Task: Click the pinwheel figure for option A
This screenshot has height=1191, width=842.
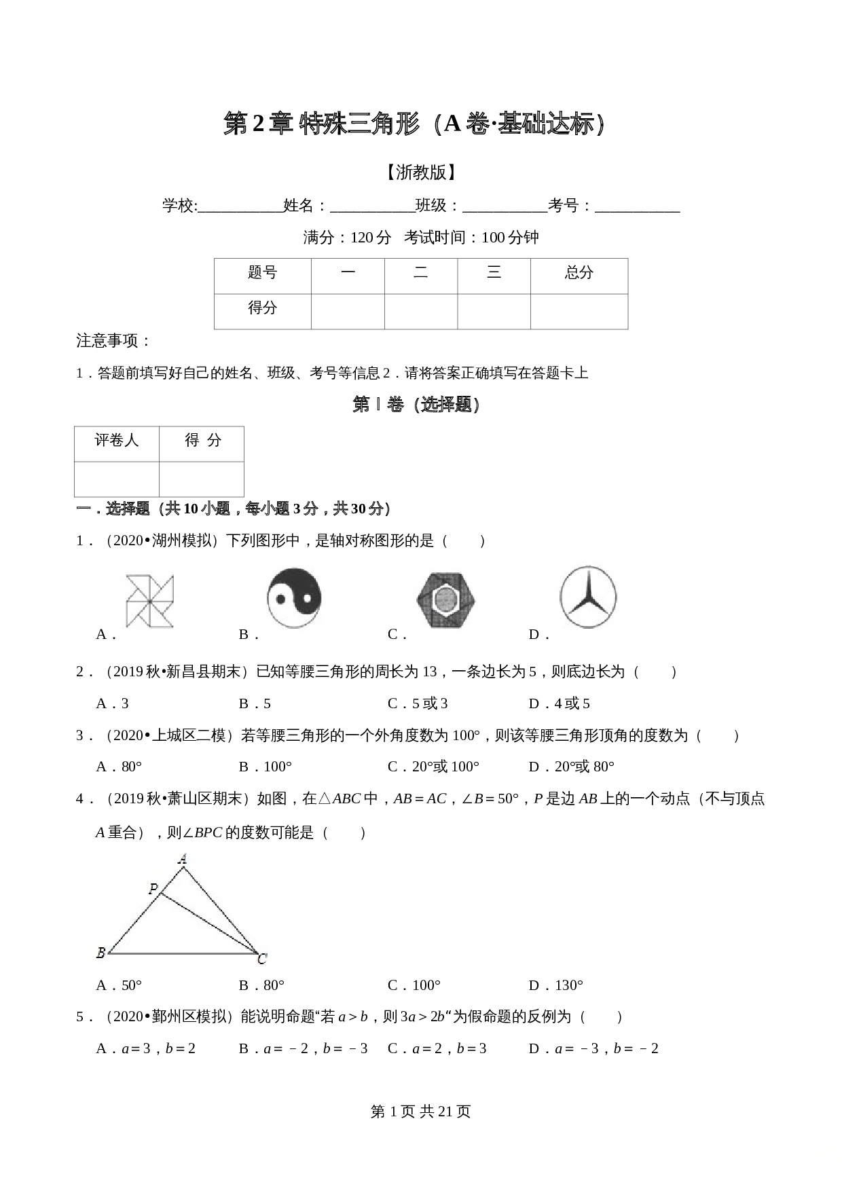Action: (x=149, y=600)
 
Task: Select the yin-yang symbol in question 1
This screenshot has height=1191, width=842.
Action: (x=293, y=598)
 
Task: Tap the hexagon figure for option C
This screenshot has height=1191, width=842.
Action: (x=445, y=600)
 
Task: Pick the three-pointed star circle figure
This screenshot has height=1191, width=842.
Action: (x=588, y=597)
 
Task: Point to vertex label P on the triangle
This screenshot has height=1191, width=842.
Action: (x=153, y=889)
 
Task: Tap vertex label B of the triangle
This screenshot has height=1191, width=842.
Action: (x=100, y=953)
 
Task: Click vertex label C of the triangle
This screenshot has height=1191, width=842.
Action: (x=262, y=959)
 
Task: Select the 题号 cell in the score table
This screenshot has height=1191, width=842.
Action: (x=262, y=273)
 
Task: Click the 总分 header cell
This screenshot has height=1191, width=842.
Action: (x=579, y=273)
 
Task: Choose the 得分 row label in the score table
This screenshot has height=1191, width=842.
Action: (x=262, y=308)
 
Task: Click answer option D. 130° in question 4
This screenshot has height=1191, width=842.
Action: (x=556, y=985)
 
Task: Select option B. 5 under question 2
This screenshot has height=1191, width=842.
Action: (x=255, y=703)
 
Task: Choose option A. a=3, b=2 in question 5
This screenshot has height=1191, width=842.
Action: (x=146, y=1048)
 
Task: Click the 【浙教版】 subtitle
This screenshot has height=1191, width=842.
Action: (x=420, y=172)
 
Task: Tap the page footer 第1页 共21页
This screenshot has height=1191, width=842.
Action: (x=420, y=1112)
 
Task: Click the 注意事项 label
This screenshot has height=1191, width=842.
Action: (x=113, y=341)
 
